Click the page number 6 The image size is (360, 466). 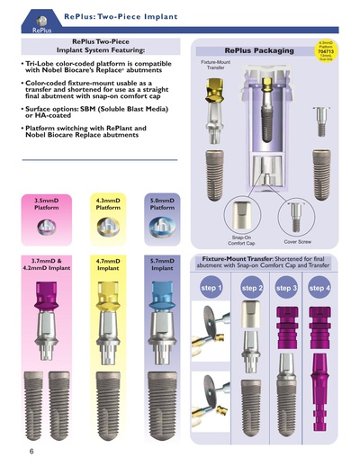[17, 449]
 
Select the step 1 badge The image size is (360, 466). [213, 288]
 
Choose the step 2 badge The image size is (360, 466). [253, 288]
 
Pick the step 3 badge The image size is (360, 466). [287, 288]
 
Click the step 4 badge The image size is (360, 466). [320, 288]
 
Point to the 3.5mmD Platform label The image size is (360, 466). [47, 205]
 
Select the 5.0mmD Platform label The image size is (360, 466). [162, 205]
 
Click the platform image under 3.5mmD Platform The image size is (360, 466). [47, 229]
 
